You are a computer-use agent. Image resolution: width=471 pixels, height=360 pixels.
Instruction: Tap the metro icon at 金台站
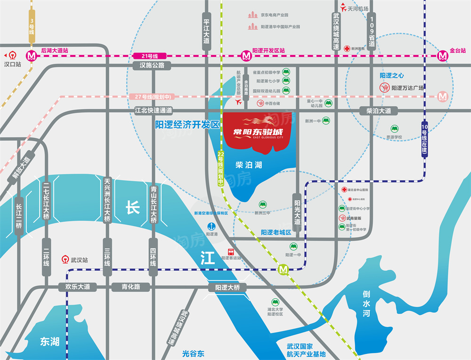[x=442, y=55]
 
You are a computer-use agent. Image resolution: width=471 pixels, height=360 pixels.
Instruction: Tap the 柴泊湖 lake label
[x=249, y=165]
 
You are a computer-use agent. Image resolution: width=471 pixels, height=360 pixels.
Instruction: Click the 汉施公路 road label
[x=152, y=65]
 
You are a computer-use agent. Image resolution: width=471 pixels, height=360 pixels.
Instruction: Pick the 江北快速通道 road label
[x=154, y=111]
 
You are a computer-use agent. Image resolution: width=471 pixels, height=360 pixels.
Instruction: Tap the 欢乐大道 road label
[x=77, y=286]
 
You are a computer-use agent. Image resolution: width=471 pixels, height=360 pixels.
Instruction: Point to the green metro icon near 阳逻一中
[x=284, y=270]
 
